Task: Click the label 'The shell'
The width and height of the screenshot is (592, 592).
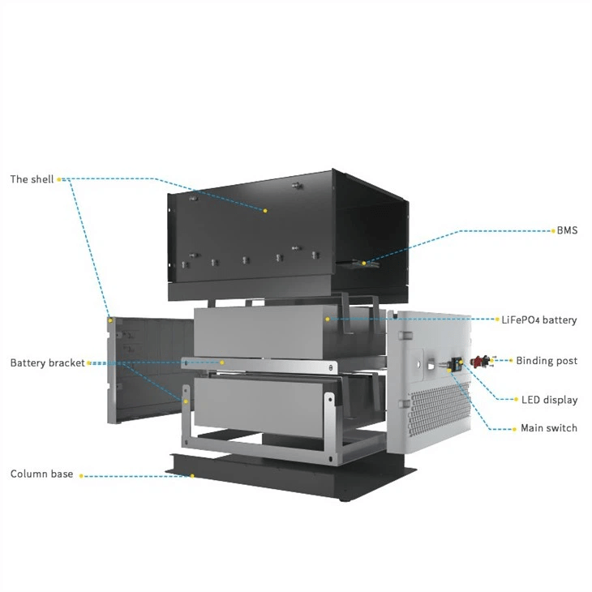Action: point(32,179)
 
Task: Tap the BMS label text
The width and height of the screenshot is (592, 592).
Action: point(567,230)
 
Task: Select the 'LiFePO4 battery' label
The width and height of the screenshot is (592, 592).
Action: point(539,320)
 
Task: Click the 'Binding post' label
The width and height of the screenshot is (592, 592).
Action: point(547,361)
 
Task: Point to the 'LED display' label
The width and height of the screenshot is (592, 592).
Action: point(549,400)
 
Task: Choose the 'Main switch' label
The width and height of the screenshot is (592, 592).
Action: point(549,428)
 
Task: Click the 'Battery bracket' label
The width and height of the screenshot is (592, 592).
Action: point(48,362)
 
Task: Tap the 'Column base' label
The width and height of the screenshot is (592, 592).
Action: point(41,474)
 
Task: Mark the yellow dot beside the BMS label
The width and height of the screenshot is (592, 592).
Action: point(554,230)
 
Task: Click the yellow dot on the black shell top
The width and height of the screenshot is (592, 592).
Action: point(265,211)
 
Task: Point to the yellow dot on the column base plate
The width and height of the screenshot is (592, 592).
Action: point(192,476)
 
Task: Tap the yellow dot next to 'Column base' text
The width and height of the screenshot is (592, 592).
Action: point(81,476)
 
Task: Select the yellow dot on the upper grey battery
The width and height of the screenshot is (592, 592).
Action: point(328,320)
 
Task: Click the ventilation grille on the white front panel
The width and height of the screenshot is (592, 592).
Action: point(438,410)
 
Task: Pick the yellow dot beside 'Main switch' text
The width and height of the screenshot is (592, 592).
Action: point(514,429)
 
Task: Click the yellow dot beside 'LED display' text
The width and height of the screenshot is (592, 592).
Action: point(516,400)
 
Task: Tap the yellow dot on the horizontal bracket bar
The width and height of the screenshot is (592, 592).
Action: point(222,362)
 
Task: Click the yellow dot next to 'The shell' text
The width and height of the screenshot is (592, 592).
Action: point(59,180)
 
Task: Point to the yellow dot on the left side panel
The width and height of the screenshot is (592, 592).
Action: point(110,320)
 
